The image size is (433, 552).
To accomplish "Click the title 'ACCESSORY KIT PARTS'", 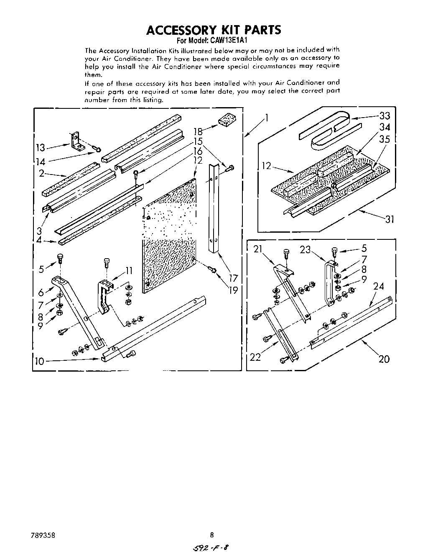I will [x=213, y=30].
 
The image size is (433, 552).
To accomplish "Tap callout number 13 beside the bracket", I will [x=41, y=148].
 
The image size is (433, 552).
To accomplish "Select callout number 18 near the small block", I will [x=198, y=132].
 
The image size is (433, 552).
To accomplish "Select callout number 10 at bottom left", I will [x=39, y=361].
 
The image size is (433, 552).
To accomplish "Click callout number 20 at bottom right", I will [x=384, y=359].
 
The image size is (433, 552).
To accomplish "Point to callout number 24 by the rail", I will [x=378, y=287].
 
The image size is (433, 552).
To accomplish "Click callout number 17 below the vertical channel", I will [x=233, y=277].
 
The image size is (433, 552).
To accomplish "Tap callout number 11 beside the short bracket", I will [x=129, y=271].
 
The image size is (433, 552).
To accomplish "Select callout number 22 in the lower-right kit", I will [x=255, y=357].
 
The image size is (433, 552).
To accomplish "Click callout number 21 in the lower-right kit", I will [x=258, y=249].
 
